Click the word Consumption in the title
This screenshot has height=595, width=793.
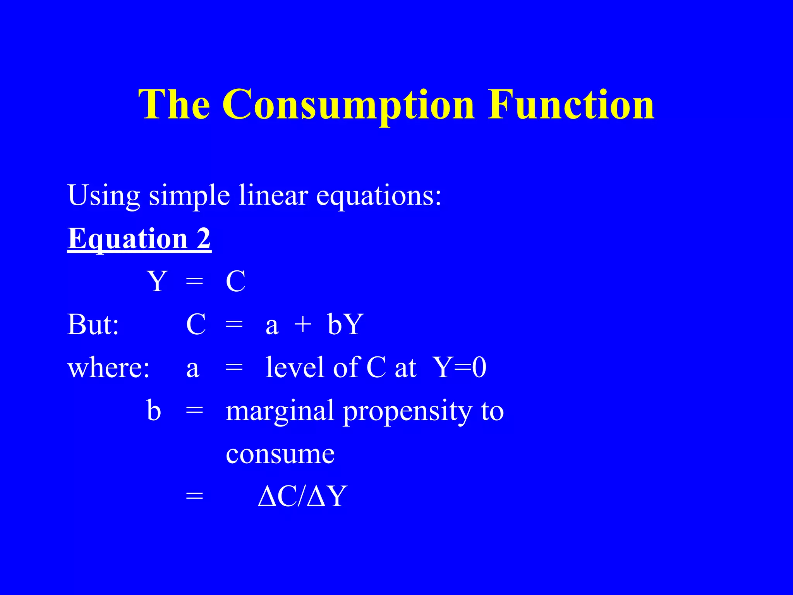[x=348, y=105]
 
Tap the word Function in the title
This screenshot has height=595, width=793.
[x=571, y=105]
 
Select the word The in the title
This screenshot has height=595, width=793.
[x=175, y=105]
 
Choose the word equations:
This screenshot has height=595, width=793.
[x=379, y=196]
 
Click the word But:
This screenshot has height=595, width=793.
[x=93, y=324]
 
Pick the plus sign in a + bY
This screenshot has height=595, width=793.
[x=303, y=324]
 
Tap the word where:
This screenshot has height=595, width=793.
[x=108, y=368]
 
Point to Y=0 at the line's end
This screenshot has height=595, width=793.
[x=460, y=367]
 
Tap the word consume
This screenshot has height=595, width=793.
[x=280, y=454]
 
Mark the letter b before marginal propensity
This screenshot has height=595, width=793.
[x=154, y=410]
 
